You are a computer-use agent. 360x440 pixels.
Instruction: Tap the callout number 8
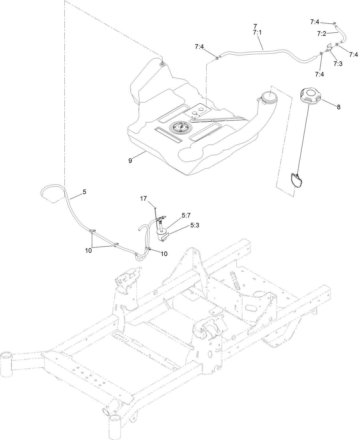(x=339, y=107)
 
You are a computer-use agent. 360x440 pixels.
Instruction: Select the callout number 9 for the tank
(x=130, y=161)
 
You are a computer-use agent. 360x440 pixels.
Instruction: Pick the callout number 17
(x=143, y=198)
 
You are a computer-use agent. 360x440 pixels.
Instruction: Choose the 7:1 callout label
(x=257, y=33)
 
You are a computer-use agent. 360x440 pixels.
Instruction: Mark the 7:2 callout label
(x=322, y=33)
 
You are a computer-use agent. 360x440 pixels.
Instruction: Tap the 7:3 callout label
(x=338, y=64)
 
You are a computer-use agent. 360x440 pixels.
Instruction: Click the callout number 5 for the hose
(x=84, y=192)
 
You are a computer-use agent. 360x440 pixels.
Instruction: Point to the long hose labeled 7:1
(x=266, y=51)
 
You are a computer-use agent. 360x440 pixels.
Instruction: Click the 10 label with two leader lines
(x=88, y=251)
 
